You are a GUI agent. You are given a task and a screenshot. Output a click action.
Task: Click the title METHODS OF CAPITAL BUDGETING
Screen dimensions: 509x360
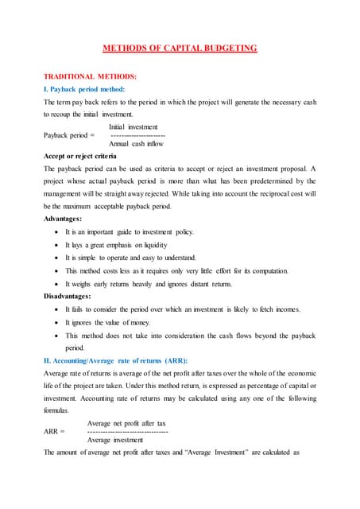click(x=180, y=48)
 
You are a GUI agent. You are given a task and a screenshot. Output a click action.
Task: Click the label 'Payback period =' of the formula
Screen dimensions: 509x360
click(x=69, y=135)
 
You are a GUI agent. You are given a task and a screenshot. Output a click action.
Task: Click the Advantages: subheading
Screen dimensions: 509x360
click(x=68, y=218)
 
